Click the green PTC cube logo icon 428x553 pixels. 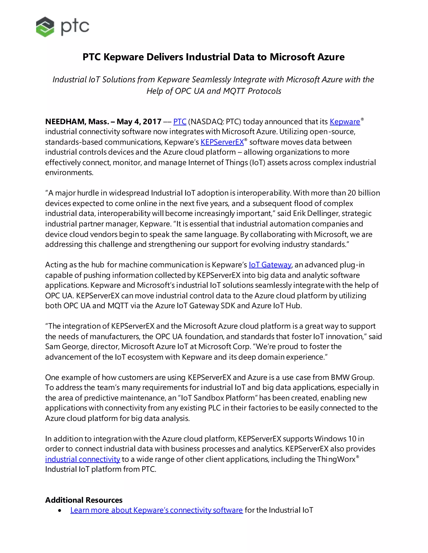point(45,27)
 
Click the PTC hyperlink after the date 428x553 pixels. point(180,122)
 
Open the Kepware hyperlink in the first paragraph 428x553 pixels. point(345,122)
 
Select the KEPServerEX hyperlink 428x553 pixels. point(222,142)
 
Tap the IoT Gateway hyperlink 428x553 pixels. point(270,265)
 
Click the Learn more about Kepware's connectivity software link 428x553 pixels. point(157,510)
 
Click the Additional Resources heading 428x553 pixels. point(84,500)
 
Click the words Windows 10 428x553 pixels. point(335,439)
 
